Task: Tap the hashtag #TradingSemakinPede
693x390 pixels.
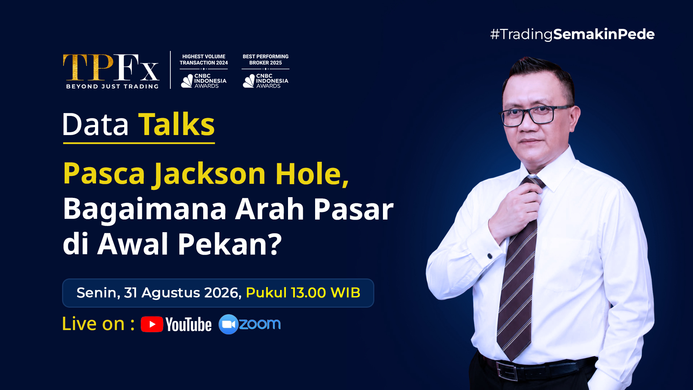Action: coord(572,34)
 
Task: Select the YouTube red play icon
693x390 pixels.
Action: coord(152,324)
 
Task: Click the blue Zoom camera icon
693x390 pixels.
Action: coord(228,324)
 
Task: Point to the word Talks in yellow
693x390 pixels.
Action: coord(176,124)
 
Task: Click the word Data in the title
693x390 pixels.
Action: coord(96,125)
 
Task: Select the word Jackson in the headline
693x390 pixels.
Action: coord(210,174)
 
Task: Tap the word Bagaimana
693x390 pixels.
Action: coord(145,209)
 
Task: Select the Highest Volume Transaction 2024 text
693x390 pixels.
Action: coord(204,60)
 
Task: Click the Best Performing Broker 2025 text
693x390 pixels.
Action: coord(266,60)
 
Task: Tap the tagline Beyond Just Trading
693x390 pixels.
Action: coord(112,86)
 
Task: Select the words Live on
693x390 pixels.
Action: coord(93,324)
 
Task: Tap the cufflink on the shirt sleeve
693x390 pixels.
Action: coord(490,256)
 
